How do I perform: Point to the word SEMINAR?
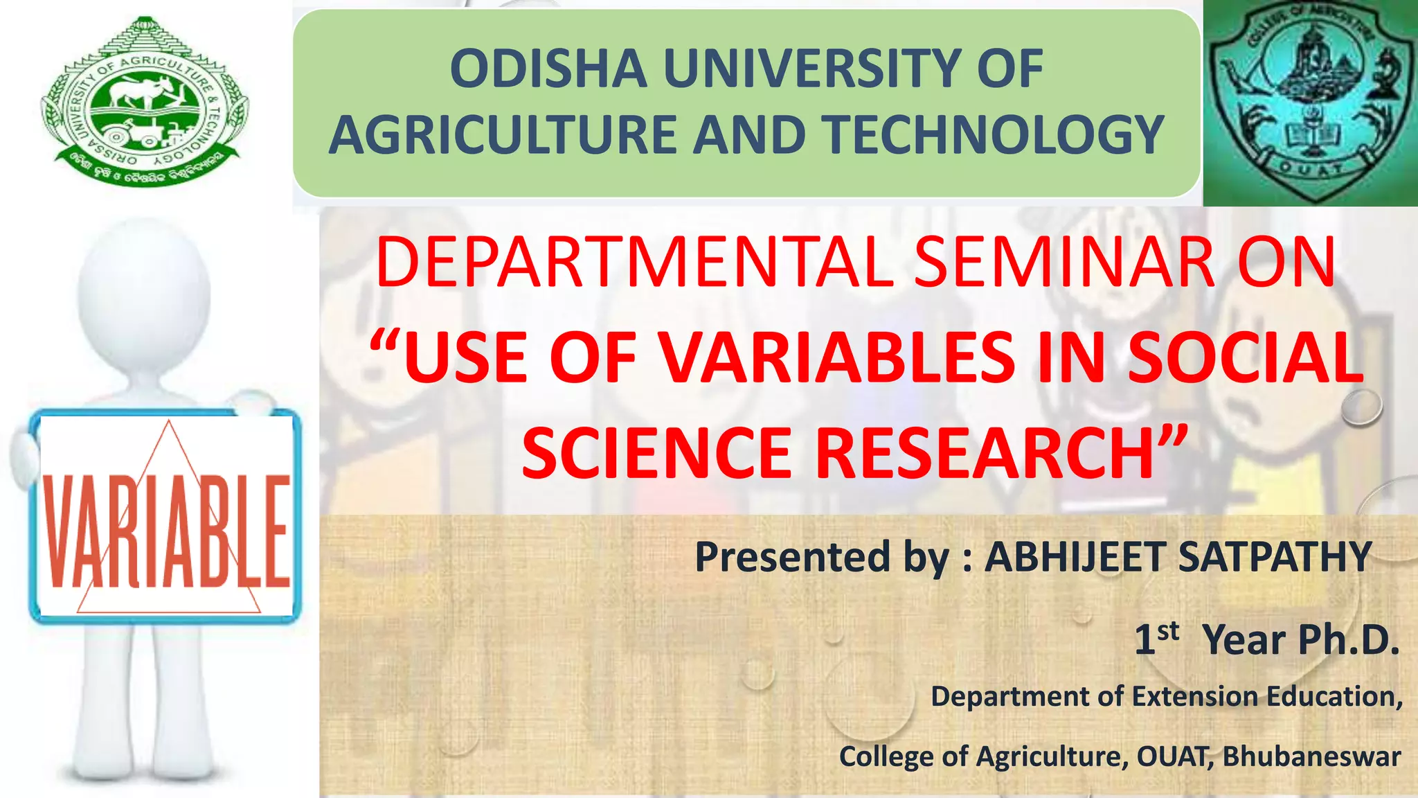(x=1063, y=263)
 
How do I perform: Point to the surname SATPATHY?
(x=1274, y=557)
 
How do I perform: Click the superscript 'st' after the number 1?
(x=1168, y=631)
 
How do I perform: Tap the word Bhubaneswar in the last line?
(x=1311, y=756)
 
